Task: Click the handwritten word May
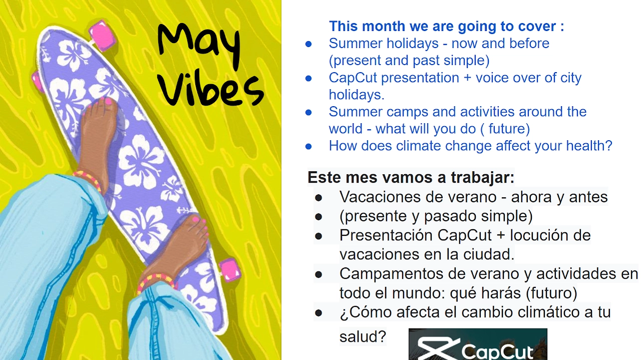coord(199,46)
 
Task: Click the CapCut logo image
coord(478,344)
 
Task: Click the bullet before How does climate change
coord(308,147)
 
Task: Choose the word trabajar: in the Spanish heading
coord(482,178)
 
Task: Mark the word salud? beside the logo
coord(363,336)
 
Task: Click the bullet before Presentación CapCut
coord(318,236)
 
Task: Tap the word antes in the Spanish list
coord(588,197)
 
